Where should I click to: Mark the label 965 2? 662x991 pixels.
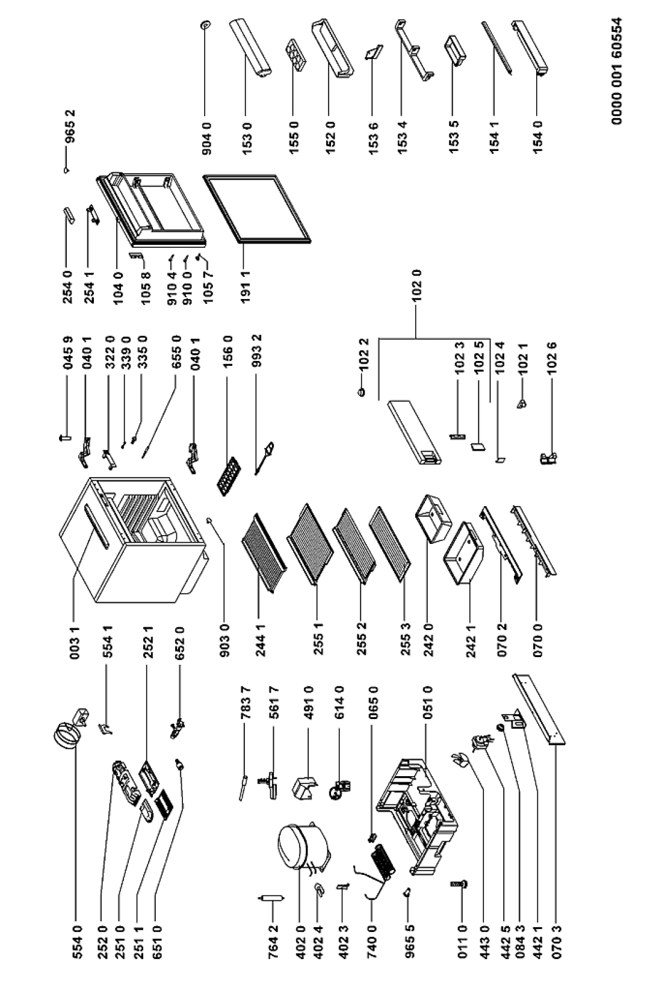[x=67, y=134]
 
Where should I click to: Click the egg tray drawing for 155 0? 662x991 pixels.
[x=295, y=57]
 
